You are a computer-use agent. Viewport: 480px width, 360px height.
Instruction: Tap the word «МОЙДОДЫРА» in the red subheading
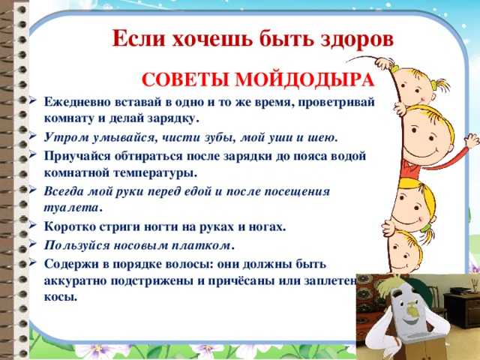coord(305,80)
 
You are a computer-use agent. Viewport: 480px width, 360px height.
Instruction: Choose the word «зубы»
coord(220,138)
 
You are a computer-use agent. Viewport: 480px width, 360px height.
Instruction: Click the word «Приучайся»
coord(77,156)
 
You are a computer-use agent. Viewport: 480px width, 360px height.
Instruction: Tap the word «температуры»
coord(155,173)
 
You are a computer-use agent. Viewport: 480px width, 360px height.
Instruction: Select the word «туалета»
coord(72,208)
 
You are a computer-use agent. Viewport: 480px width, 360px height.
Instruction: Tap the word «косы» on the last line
coord(61,297)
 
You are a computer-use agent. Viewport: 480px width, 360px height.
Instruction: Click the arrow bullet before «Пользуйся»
coord(33,244)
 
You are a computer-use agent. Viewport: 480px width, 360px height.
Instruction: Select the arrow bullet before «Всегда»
coord(33,190)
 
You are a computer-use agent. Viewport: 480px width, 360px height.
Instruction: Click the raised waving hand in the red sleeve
coord(472,142)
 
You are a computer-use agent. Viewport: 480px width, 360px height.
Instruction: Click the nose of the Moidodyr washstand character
coord(413,310)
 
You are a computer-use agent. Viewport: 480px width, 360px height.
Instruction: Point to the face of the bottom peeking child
coord(404,250)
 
